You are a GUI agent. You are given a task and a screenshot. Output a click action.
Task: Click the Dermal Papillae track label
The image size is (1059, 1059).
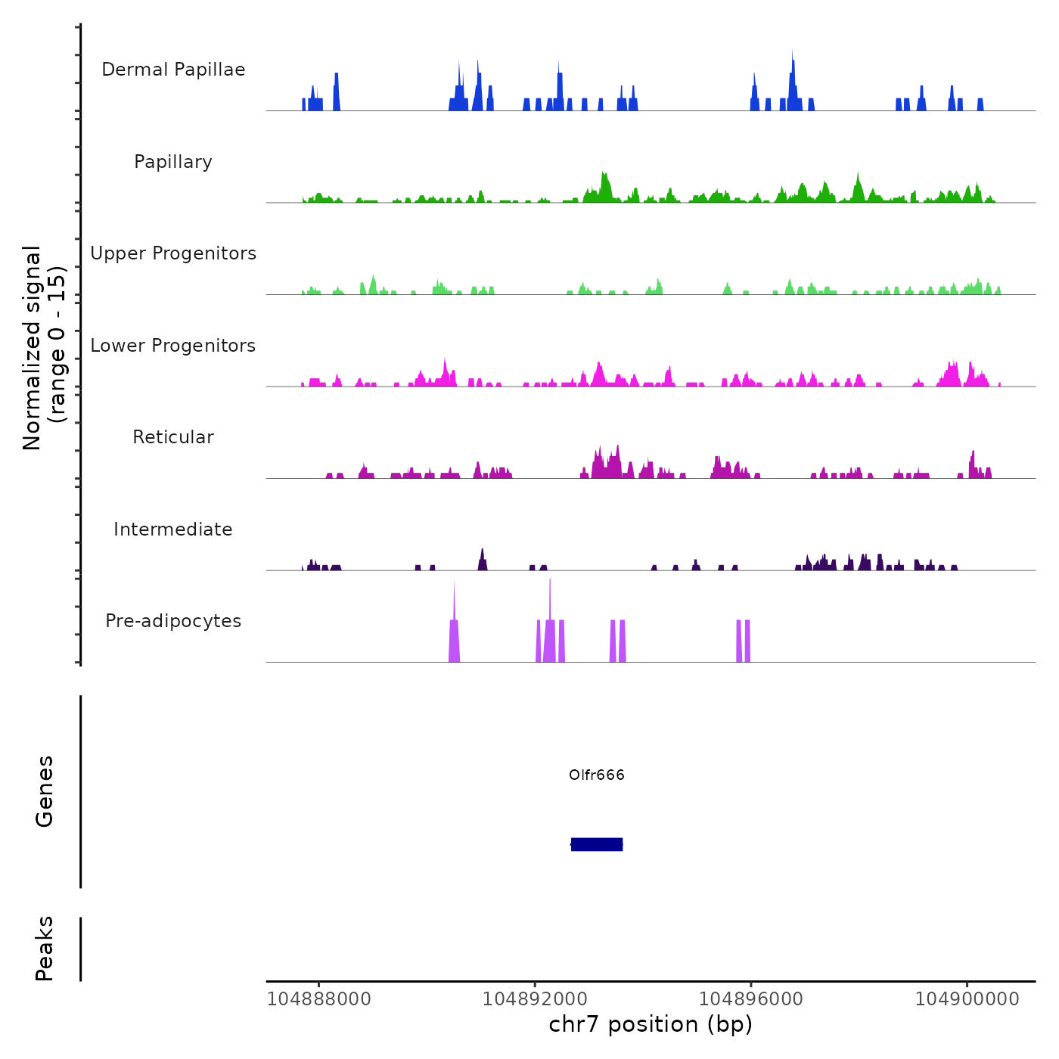coord(173,70)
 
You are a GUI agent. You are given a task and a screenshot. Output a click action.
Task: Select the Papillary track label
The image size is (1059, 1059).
coord(173,162)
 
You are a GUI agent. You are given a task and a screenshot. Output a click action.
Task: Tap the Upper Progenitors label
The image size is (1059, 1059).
coord(173,253)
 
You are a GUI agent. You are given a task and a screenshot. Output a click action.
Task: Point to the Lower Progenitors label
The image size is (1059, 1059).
coord(173,346)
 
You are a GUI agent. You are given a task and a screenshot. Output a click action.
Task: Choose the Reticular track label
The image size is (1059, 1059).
coord(173,437)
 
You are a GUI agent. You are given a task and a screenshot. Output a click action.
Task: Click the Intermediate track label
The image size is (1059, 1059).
coord(173,529)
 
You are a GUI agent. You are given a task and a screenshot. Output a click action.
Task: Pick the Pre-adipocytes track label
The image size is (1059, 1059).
coord(173,621)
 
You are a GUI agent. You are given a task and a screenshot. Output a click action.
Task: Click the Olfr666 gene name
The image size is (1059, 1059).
coord(597,775)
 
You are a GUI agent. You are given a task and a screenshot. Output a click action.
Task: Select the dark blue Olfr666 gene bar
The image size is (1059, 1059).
coord(597,844)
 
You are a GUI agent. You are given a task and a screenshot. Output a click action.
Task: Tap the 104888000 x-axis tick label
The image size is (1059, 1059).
coord(319,998)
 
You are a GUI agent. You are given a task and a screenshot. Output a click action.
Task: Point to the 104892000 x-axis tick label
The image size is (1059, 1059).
coord(535,998)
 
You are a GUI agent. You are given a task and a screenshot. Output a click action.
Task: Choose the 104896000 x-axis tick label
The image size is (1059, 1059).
coord(751,998)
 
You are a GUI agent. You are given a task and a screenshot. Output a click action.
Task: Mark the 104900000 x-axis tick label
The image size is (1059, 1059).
coord(967,998)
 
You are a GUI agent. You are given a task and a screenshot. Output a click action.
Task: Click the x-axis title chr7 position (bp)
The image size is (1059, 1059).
coord(651,1024)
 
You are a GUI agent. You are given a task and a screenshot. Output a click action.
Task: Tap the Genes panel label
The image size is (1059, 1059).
coord(45,791)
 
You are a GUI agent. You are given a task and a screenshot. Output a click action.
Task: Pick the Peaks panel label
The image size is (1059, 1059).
coord(45,949)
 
